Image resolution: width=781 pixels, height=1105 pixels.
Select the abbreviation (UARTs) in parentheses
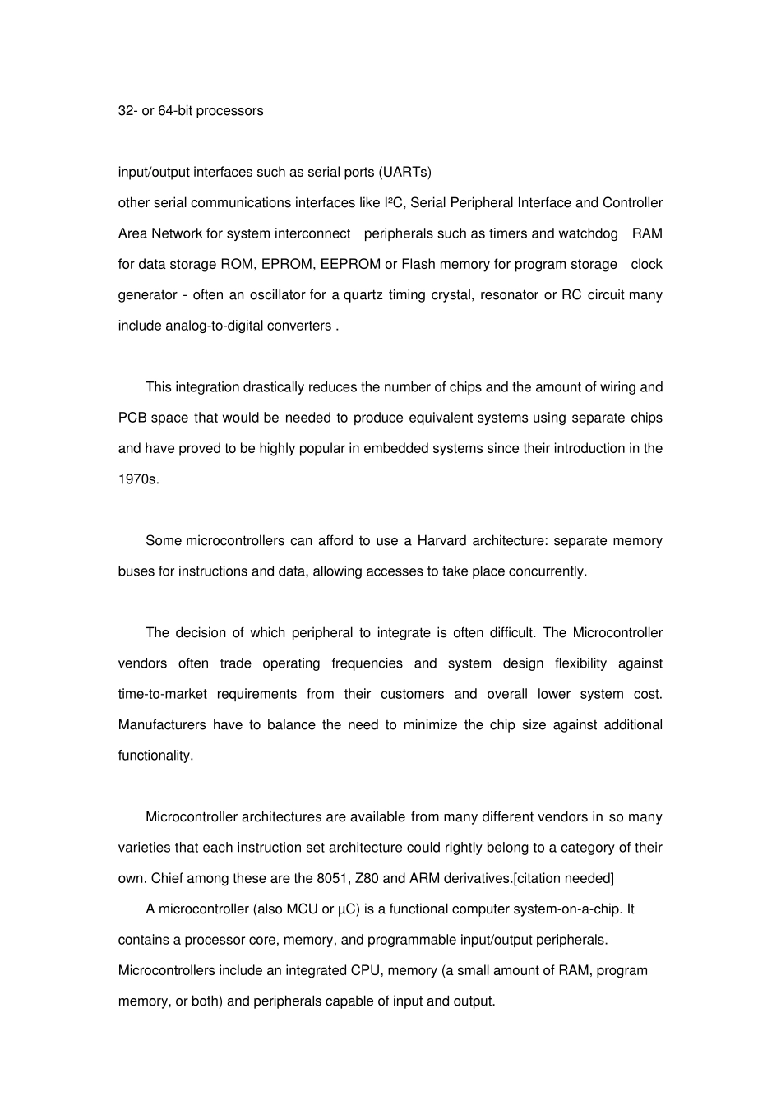coord(404,173)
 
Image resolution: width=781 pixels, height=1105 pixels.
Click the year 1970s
coord(138,479)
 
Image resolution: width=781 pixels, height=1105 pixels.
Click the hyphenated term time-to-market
coord(163,694)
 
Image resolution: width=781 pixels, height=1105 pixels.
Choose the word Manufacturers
coord(162,725)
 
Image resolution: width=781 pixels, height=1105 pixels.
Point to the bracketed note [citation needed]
coord(563,878)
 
